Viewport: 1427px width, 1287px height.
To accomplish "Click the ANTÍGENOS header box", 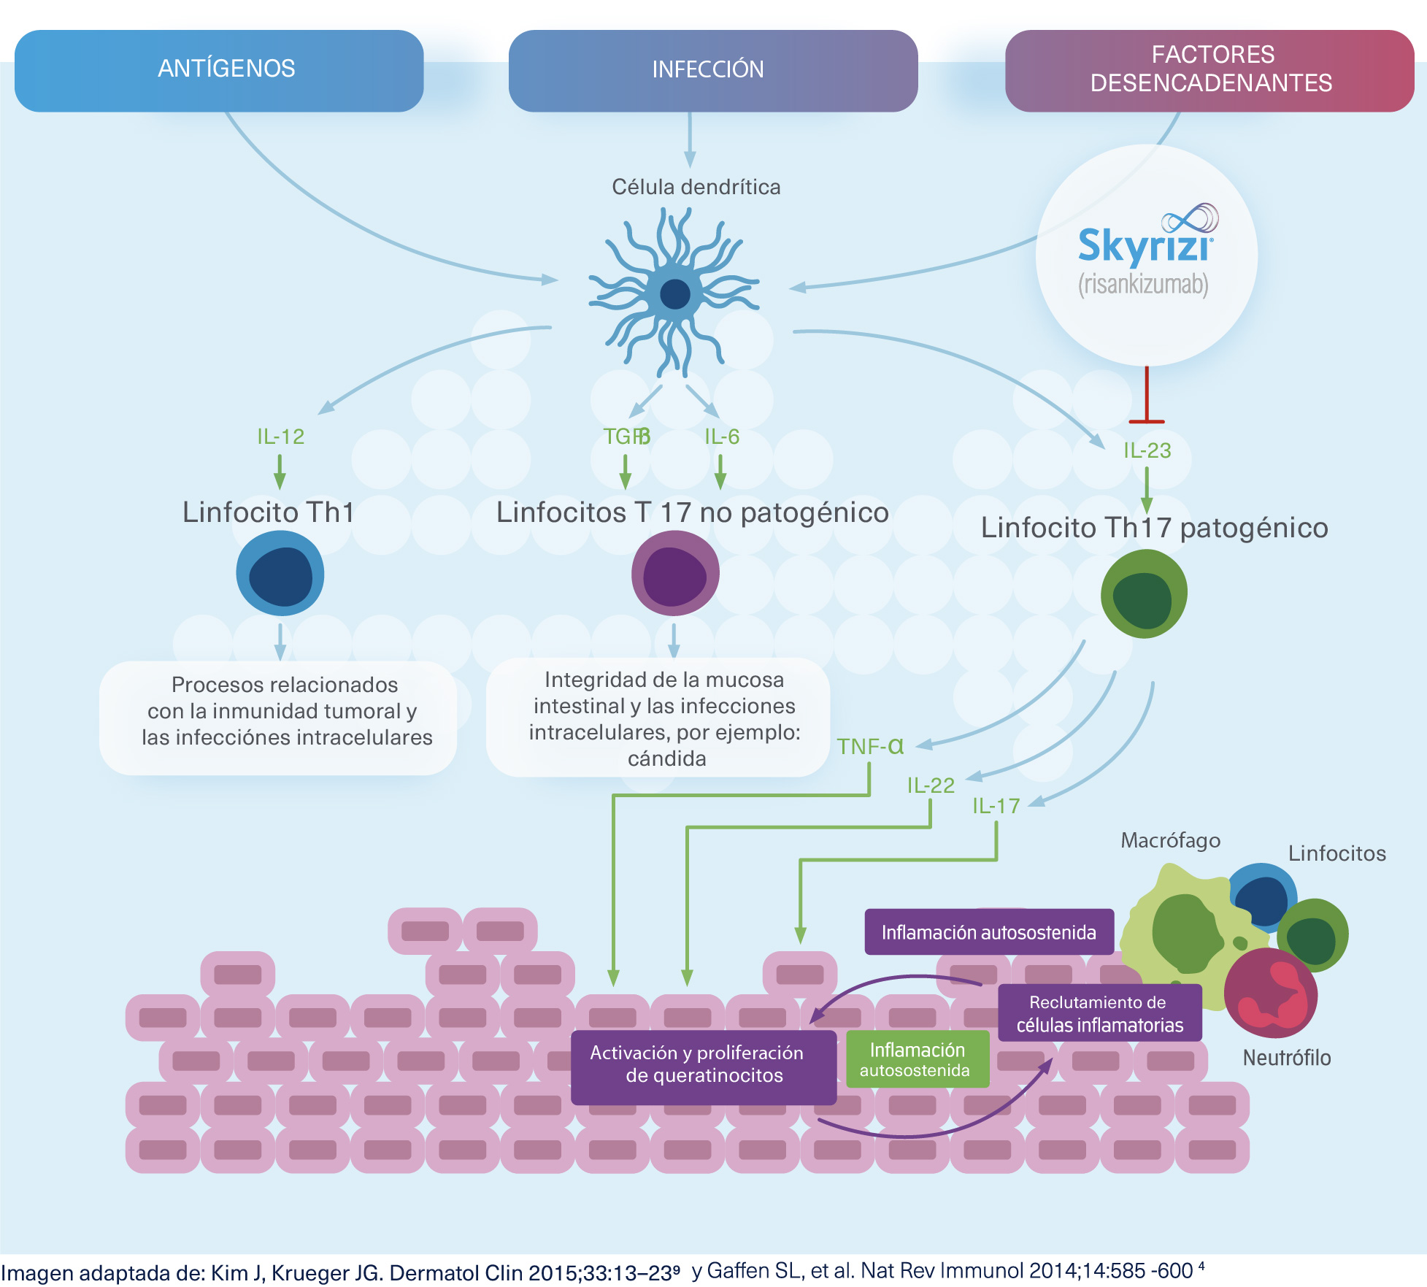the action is pyautogui.click(x=219, y=71).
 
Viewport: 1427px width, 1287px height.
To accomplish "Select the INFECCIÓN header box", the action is pyautogui.click(x=713, y=71).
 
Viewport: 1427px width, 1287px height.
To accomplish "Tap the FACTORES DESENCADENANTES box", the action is pyautogui.click(x=1209, y=71).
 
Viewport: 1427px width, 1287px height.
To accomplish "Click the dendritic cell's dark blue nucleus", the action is pyautogui.click(x=674, y=295).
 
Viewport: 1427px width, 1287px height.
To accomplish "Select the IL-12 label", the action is pyautogui.click(x=280, y=437).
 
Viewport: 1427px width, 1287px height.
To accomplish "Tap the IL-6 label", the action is pyautogui.click(x=722, y=437).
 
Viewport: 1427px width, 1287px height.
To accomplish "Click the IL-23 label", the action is pyautogui.click(x=1147, y=450).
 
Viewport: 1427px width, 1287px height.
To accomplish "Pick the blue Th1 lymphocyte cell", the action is pyautogui.click(x=280, y=573).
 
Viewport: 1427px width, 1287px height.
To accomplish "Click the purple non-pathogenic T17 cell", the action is pyautogui.click(x=675, y=573).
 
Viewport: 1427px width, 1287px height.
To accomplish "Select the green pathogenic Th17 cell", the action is pyautogui.click(x=1144, y=593).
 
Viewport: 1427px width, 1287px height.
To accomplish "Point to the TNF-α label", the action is pyautogui.click(x=870, y=746).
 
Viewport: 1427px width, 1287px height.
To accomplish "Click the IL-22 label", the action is pyautogui.click(x=931, y=785).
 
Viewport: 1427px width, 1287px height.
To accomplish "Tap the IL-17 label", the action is pyautogui.click(x=996, y=806).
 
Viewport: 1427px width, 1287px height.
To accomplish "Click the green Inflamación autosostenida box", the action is pyautogui.click(x=918, y=1059).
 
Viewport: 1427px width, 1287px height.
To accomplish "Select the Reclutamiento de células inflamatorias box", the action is pyautogui.click(x=1100, y=1013).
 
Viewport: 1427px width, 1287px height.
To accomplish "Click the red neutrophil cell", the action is pyautogui.click(x=1271, y=993).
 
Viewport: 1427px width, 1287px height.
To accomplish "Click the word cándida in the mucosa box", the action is pyautogui.click(x=667, y=759).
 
